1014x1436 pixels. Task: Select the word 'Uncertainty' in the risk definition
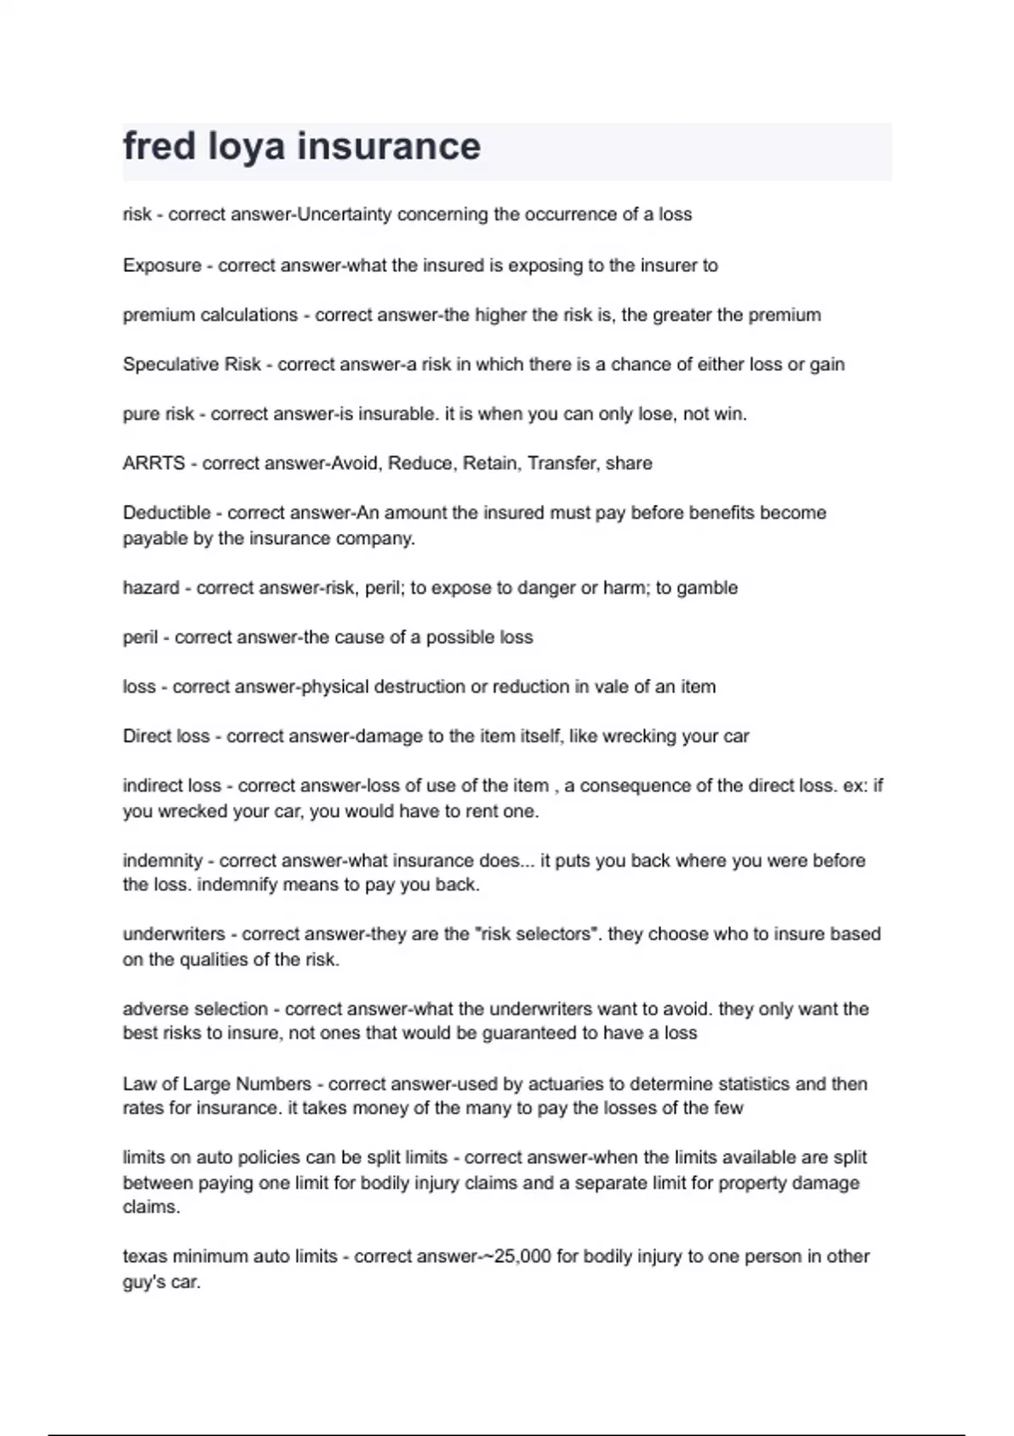(345, 215)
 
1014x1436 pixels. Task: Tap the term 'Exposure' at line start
(162, 265)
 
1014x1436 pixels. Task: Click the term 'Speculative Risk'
(192, 364)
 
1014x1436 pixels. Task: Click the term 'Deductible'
(166, 513)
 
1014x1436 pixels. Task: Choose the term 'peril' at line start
(140, 637)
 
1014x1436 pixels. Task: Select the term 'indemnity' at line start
(163, 861)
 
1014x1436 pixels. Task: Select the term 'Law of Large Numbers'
(217, 1084)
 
